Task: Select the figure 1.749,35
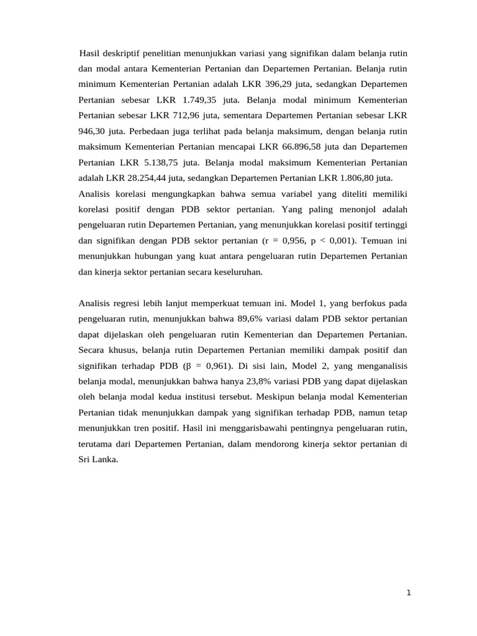pyautogui.click(x=204, y=100)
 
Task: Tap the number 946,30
pyautogui.click(x=92, y=132)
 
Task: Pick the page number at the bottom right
pyautogui.click(x=408, y=593)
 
